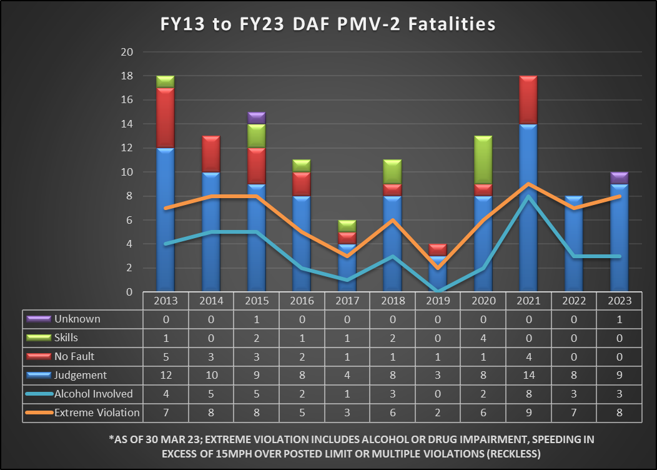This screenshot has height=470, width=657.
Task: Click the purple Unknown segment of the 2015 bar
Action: coord(256,118)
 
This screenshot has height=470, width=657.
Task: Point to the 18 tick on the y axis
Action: coord(128,76)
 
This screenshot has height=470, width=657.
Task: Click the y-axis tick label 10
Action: coord(128,172)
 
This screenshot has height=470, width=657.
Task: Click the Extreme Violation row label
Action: coord(97,412)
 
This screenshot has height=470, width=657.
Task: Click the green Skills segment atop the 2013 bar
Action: coord(165,82)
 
